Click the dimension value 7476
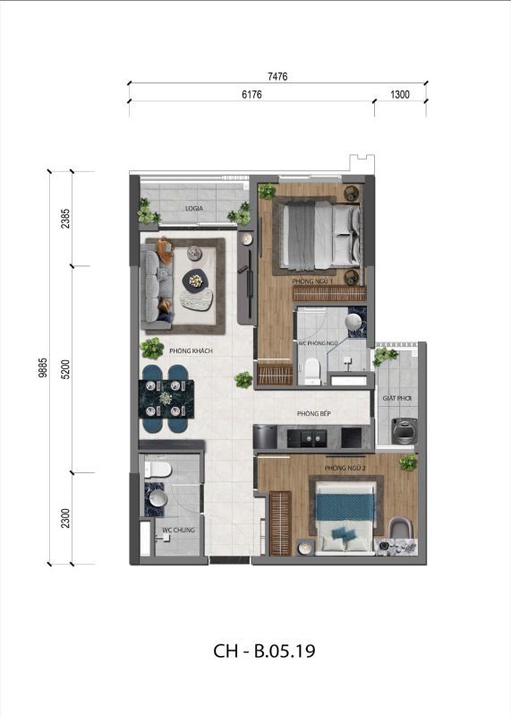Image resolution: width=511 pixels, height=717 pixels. click(277, 76)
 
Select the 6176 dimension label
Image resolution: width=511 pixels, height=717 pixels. click(251, 94)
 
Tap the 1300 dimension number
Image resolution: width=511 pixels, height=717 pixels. click(400, 94)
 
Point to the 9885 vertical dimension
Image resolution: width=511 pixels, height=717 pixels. click(43, 367)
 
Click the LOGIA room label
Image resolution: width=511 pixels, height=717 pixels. click(194, 208)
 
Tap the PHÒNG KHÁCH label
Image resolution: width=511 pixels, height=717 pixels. click(191, 350)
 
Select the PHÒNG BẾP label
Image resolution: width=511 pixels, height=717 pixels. click(314, 413)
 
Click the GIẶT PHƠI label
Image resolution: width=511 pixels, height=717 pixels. click(396, 398)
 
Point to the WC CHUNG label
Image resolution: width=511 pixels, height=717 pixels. click(179, 530)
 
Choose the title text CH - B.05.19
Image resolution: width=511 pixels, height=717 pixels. click(264, 651)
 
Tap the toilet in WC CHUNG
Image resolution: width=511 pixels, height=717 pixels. click(158, 470)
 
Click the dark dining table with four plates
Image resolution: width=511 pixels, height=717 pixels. click(166, 398)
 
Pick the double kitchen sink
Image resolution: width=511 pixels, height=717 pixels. click(313, 437)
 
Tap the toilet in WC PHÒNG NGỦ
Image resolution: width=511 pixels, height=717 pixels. click(312, 370)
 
